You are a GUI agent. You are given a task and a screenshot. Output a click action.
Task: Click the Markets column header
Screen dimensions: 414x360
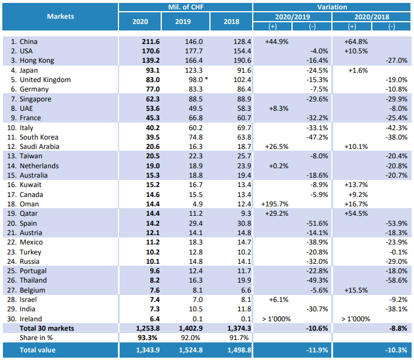60,16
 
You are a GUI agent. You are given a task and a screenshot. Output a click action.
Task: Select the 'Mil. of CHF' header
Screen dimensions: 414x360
186,7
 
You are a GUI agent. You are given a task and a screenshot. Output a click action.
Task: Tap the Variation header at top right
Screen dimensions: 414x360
332,7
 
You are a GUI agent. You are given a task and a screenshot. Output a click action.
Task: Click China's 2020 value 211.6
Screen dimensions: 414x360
151,42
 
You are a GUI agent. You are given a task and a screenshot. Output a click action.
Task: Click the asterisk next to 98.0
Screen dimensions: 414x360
206,79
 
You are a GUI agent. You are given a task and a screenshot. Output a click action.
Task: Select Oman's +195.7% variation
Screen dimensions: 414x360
274,204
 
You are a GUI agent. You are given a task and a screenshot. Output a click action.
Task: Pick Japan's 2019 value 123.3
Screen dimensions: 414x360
194,70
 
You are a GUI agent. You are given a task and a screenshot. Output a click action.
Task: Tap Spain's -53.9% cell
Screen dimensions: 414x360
396,223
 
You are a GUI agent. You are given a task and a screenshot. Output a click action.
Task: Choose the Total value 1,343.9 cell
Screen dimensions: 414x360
148,350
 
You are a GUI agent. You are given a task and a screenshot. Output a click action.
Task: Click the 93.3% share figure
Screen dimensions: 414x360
148,338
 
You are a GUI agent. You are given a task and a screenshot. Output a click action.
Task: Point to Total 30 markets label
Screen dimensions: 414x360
47,328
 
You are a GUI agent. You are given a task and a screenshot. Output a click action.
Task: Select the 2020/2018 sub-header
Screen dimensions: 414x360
372,17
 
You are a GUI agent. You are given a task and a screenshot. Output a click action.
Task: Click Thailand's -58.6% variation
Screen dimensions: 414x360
396,280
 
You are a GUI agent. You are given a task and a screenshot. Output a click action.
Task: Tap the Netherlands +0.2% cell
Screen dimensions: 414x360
279,166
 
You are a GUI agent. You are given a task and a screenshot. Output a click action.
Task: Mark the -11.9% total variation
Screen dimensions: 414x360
317,350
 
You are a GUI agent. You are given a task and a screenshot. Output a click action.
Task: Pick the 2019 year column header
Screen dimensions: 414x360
183,22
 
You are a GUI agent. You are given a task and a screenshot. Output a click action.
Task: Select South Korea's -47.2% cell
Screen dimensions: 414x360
317,137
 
